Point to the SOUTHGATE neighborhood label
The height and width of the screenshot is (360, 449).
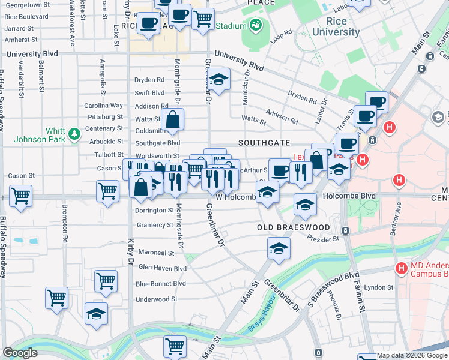tap(264, 143)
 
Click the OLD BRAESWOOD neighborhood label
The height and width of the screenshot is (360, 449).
tap(294, 228)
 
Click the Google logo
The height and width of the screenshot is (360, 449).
tap(20, 353)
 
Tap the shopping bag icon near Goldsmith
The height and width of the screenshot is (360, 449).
tap(173, 119)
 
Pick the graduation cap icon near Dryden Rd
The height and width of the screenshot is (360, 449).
tap(218, 80)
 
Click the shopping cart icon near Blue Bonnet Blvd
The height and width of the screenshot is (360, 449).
tap(106, 280)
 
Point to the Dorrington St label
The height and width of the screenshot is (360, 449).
tap(154, 211)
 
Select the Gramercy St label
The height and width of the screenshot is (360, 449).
tap(154, 225)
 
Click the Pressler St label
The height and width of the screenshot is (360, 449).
tap(323, 239)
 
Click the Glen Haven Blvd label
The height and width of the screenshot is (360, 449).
tap(163, 268)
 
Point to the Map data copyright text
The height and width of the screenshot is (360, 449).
tap(412, 356)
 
